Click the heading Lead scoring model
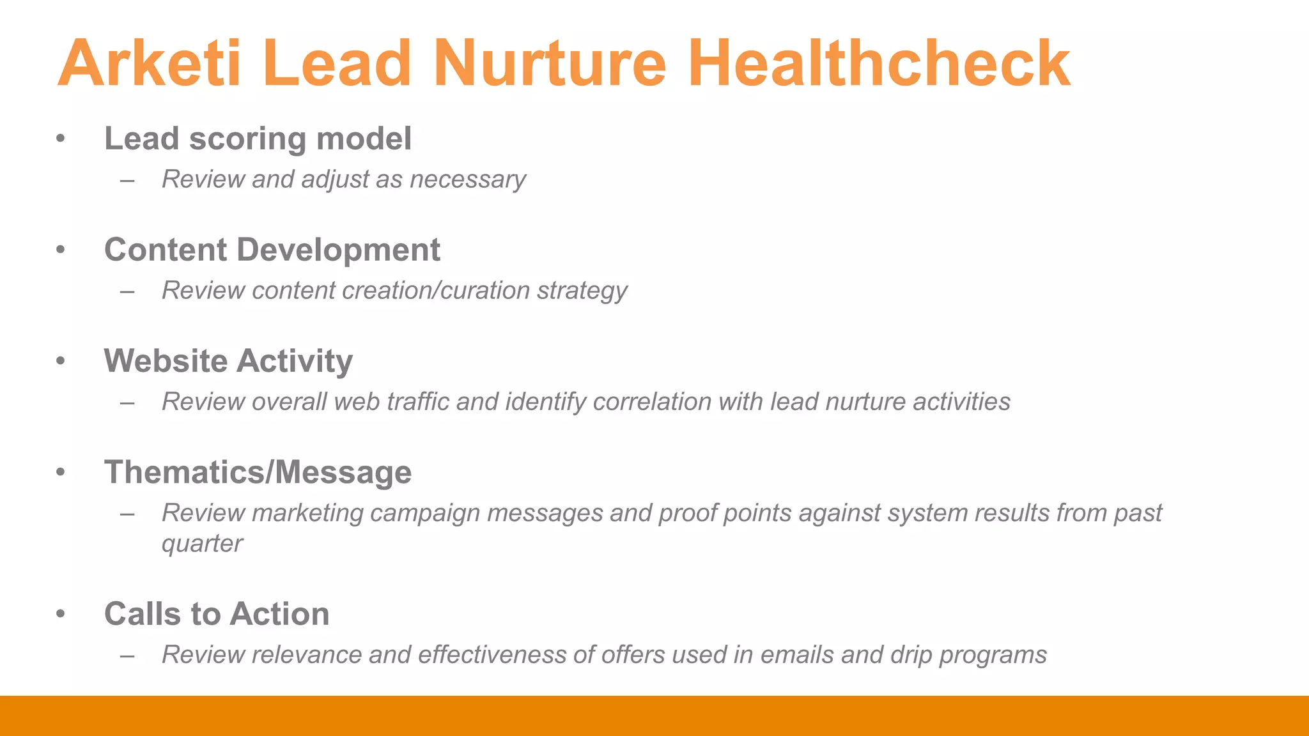click(x=258, y=139)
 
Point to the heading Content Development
click(x=272, y=250)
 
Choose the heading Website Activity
click(x=228, y=361)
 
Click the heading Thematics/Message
click(x=258, y=472)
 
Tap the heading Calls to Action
click(x=217, y=614)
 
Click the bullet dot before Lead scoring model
click(x=61, y=139)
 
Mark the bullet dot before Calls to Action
click(x=61, y=614)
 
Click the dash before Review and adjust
click(x=127, y=181)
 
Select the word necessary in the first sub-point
click(x=468, y=180)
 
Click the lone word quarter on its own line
click(x=202, y=544)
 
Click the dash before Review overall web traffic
click(x=127, y=403)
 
